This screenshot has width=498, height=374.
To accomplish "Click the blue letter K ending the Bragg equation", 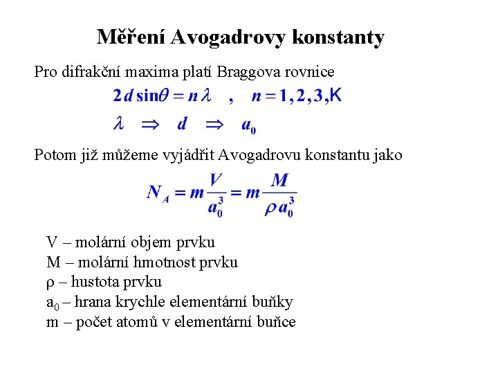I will tap(335, 95).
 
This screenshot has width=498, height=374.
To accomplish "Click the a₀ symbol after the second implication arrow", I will tap(248, 125).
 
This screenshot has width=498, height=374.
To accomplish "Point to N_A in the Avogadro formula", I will tap(158, 193).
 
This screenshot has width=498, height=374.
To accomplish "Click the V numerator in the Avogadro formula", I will tap(216, 181).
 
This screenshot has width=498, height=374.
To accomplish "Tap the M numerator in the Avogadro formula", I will tap(279, 181).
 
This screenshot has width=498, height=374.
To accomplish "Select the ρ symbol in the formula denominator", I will tap(270, 207).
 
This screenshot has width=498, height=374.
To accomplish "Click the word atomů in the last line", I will tap(151, 322).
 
